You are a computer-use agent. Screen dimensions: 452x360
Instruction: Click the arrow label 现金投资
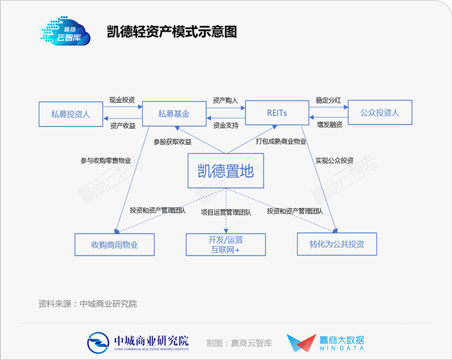point(122,100)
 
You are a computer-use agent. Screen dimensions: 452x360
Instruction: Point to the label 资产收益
point(123,126)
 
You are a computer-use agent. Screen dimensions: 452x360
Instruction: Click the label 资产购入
point(225,100)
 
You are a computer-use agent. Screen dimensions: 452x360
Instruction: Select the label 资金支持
point(226,125)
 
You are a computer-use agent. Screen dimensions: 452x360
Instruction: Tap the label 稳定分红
point(328,100)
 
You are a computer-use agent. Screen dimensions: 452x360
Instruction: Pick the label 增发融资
point(329,125)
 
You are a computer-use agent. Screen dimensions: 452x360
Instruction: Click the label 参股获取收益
point(172,141)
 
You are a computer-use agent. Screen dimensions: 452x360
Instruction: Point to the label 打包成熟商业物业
point(281,141)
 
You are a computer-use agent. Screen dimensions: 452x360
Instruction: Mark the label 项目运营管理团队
point(226,212)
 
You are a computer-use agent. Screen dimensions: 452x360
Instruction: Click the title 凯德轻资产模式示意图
point(172,32)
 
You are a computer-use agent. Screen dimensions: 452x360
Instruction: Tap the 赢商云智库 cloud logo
point(66,31)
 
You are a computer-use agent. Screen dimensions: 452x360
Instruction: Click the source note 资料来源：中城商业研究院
point(88,304)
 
